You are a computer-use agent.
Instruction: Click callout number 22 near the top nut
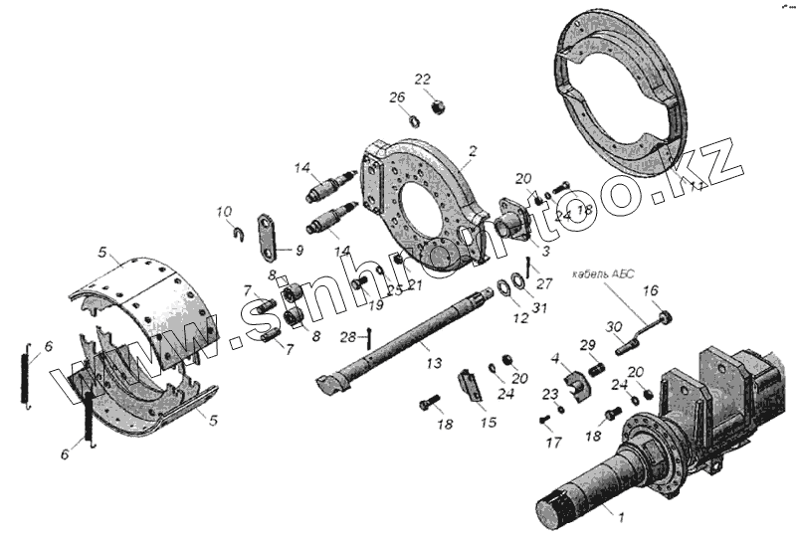(422, 79)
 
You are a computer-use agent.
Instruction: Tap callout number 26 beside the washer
(397, 97)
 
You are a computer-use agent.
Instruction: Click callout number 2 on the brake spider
(474, 151)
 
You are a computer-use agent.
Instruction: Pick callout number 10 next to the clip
(224, 211)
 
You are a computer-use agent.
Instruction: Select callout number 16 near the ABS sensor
(651, 290)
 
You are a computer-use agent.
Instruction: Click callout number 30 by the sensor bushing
(614, 327)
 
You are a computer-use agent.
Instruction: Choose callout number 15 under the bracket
(488, 422)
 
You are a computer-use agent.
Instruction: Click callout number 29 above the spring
(589, 344)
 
